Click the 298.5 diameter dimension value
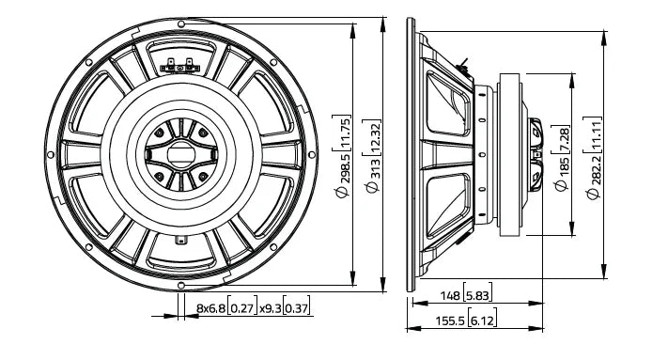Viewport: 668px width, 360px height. click(347, 166)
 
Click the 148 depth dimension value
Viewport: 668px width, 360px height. click(449, 296)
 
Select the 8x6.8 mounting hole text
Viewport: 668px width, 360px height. click(211, 308)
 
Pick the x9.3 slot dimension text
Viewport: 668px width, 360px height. click(271, 308)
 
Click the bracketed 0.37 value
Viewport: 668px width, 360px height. click(298, 308)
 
